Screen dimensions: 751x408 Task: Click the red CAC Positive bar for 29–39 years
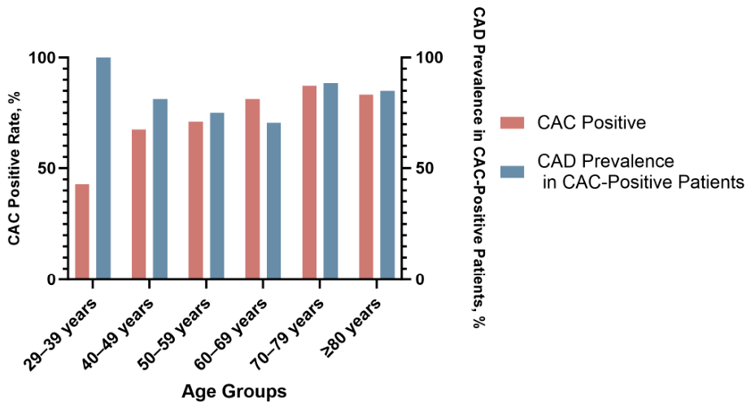pos(82,231)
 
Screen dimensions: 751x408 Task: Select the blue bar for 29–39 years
pos(103,168)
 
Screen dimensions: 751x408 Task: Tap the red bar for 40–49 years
pos(139,204)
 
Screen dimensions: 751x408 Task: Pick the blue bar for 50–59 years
pos(217,195)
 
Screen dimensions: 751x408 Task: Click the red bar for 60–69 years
pos(252,189)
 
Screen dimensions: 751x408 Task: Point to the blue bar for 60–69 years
pos(274,201)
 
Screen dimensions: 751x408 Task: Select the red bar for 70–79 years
pos(309,182)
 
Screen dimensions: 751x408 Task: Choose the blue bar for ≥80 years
pos(387,185)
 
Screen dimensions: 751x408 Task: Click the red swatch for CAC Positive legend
pos(512,123)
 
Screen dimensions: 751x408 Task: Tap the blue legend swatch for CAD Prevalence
pos(512,172)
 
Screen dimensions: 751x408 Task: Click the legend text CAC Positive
pos(592,123)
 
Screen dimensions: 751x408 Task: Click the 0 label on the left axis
pos(52,279)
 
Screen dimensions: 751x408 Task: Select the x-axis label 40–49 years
pos(118,333)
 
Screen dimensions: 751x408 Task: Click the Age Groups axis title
pos(234,391)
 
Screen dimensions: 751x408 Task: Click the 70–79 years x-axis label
pos(288,333)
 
